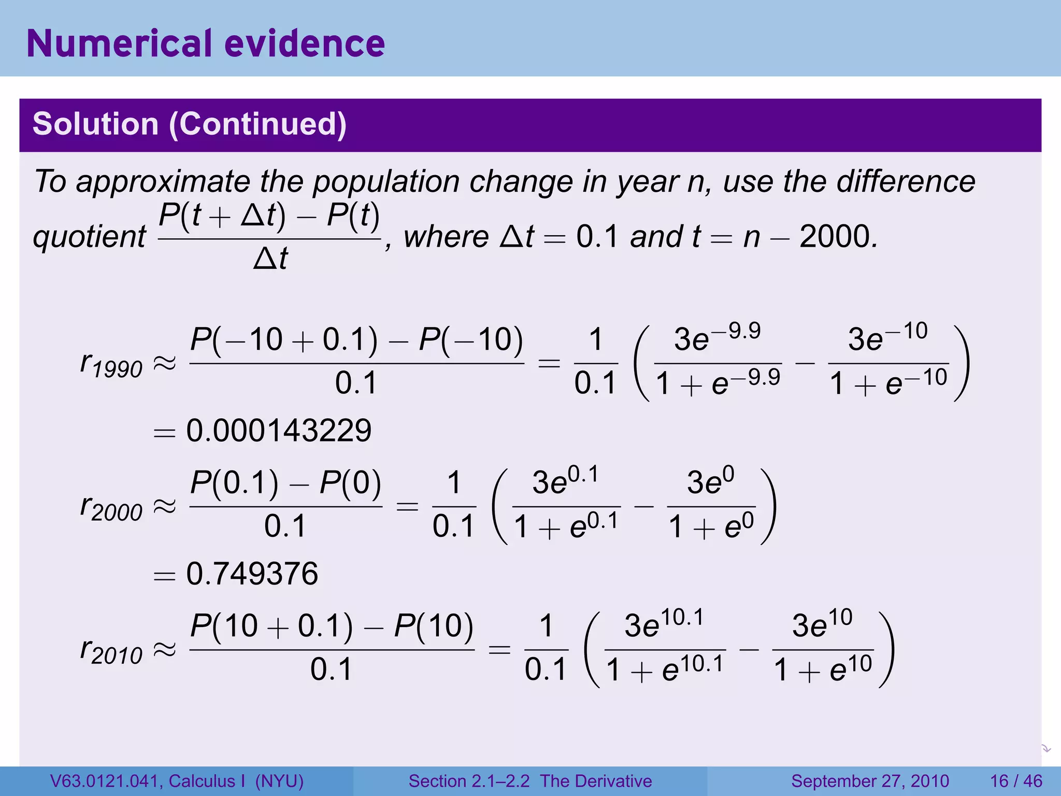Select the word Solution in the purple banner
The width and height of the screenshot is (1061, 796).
click(95, 124)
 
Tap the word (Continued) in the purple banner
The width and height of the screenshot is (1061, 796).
click(257, 124)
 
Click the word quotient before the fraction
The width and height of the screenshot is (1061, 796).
click(89, 237)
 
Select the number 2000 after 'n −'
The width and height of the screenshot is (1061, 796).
click(837, 237)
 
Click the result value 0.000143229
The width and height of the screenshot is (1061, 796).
click(279, 431)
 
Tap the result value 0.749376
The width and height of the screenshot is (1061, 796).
click(252, 574)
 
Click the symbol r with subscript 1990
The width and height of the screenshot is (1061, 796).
click(111, 364)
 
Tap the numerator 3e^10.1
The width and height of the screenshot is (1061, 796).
click(664, 625)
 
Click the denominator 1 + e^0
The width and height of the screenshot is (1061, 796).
click(711, 528)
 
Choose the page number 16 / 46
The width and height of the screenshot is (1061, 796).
click(1016, 781)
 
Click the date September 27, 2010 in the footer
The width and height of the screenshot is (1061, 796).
click(870, 781)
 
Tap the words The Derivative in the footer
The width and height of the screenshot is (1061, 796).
click(596, 781)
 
